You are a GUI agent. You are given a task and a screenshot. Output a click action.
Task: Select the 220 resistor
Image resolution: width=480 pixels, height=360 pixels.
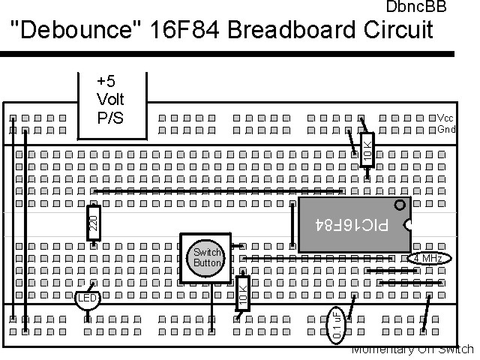(x=94, y=223)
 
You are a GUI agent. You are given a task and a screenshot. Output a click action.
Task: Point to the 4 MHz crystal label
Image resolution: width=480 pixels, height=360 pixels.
(x=428, y=258)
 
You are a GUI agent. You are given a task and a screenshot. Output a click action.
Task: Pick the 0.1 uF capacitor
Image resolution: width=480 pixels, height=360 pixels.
(x=337, y=325)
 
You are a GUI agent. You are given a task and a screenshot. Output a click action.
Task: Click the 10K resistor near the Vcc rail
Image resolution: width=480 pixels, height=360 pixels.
(x=367, y=150)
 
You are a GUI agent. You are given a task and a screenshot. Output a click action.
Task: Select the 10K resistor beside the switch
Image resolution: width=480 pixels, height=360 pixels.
(x=242, y=293)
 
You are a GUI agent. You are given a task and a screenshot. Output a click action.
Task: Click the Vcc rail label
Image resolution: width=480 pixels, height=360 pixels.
(x=445, y=118)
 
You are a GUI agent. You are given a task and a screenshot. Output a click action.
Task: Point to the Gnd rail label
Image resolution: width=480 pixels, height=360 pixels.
(x=446, y=130)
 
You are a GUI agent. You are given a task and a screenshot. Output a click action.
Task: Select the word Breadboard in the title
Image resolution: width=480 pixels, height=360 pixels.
(x=281, y=30)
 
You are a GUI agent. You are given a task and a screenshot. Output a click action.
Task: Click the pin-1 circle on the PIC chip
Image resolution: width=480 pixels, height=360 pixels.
(x=400, y=204)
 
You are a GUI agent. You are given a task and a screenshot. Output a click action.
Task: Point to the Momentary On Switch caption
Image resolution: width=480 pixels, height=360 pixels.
(x=412, y=349)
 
